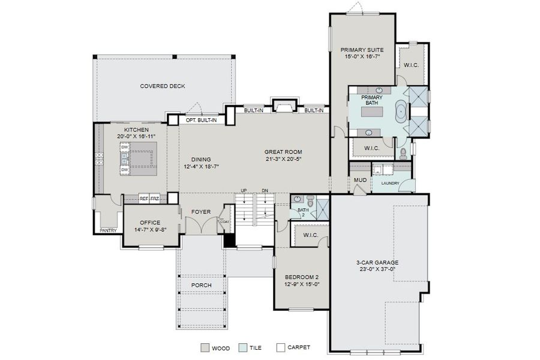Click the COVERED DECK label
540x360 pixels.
click(x=163, y=86)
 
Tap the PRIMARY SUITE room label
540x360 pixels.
click(x=362, y=50)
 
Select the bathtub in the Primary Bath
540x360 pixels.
click(x=400, y=113)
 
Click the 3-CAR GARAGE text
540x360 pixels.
click(x=376, y=262)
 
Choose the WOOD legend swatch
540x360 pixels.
click(x=206, y=347)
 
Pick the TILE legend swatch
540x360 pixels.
click(x=242, y=347)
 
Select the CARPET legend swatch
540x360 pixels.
click(x=280, y=347)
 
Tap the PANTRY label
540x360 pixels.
click(x=108, y=230)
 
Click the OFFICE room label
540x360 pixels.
click(x=150, y=223)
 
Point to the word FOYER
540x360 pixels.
click(x=200, y=212)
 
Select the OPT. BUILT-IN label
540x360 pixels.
click(x=202, y=120)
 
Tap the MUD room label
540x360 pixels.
click(x=360, y=179)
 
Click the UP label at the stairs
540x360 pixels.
click(x=244, y=191)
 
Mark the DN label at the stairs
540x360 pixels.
click(x=265, y=191)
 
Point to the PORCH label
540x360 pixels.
click(x=200, y=284)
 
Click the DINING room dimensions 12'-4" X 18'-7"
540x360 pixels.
click(x=201, y=166)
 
